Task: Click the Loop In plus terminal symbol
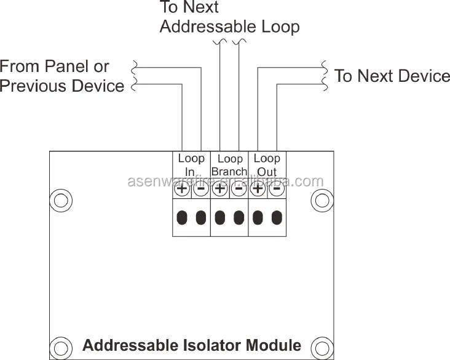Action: click(182, 190)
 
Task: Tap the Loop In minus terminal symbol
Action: click(201, 190)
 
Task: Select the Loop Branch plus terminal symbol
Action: click(219, 190)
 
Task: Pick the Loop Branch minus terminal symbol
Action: click(239, 190)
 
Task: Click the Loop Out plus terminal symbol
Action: click(258, 190)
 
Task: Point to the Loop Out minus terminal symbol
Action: click(277, 190)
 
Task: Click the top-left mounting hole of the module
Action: click(60, 200)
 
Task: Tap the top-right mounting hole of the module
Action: click(322, 200)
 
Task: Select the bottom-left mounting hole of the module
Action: click(60, 346)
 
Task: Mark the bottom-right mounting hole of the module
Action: click(322, 346)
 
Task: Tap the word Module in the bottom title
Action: click(274, 345)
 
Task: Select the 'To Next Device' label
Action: click(392, 76)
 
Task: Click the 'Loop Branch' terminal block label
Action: click(229, 165)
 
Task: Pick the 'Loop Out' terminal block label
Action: click(267, 165)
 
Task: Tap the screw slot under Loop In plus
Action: click(182, 217)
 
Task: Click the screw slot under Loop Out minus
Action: click(277, 217)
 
